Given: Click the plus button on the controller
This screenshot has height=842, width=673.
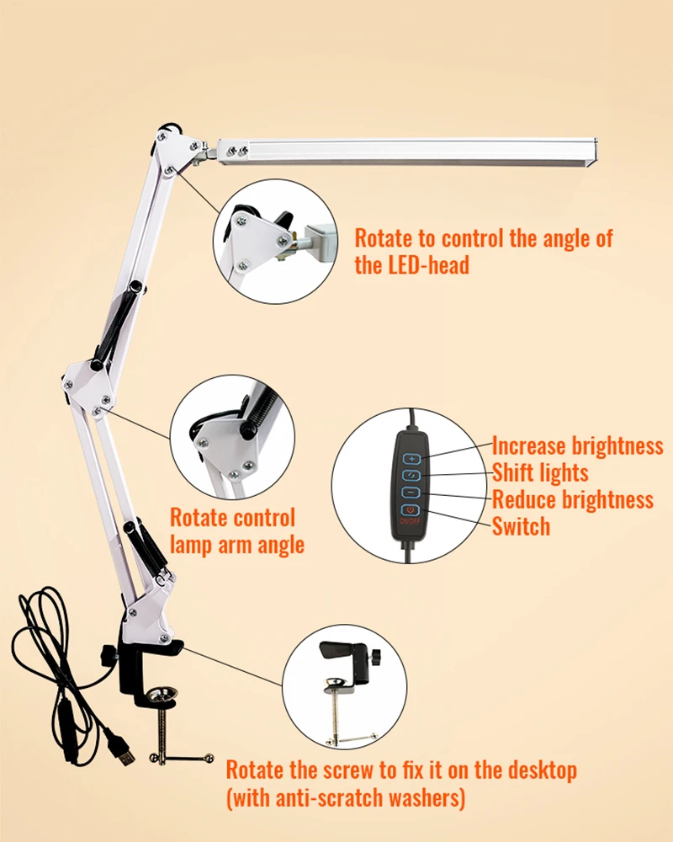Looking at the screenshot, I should tap(411, 459).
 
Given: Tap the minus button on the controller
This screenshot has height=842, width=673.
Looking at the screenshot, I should tap(411, 493).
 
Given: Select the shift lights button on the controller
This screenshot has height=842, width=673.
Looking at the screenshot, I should tap(411, 476).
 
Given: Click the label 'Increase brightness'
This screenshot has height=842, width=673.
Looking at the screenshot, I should tap(577, 446).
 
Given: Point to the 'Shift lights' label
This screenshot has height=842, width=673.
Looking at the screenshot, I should tap(540, 472).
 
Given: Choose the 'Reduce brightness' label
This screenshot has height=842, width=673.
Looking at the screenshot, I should tap(572, 499).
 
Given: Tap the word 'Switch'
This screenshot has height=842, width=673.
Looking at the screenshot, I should tap(521, 526).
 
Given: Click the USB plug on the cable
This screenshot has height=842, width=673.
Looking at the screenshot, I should tap(125, 754).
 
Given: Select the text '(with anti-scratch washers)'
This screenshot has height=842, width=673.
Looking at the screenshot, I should tap(345, 796).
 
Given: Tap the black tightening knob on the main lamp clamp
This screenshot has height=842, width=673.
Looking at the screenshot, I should tap(107, 654).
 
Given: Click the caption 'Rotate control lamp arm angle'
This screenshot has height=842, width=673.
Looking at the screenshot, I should tap(236, 531).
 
